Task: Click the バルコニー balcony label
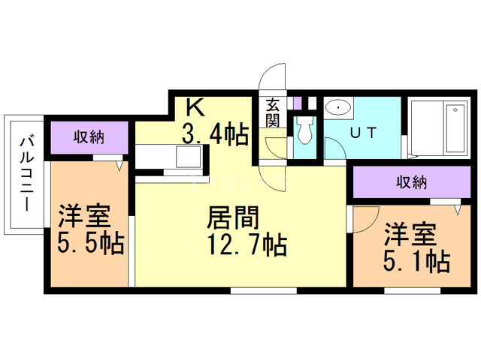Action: (27, 174)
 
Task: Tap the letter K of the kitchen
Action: (195, 108)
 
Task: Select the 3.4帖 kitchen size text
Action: (215, 133)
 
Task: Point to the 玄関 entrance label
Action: (272, 112)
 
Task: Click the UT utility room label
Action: (363, 133)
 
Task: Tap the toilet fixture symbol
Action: (304, 130)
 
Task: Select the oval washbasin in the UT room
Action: (338, 107)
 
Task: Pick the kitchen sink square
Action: (188, 156)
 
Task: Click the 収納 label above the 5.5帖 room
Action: (89, 136)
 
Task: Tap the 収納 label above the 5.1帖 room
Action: (411, 182)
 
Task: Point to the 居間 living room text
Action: (233, 217)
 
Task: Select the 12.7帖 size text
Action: (247, 244)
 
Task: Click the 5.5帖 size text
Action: (91, 243)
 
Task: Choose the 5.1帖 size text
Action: (416, 261)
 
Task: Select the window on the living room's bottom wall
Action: (264, 290)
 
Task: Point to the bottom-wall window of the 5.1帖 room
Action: (413, 290)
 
